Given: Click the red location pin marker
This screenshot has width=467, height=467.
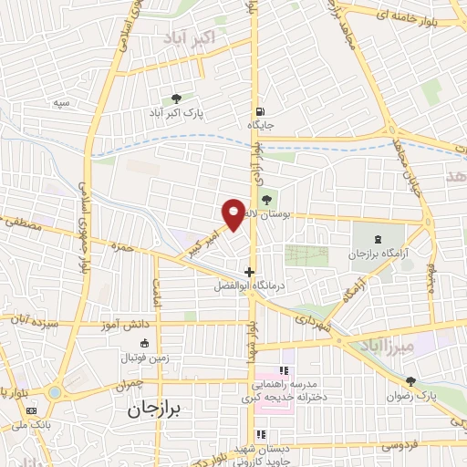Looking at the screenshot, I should click(x=234, y=213).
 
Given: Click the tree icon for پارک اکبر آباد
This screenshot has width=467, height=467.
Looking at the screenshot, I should click(x=176, y=98).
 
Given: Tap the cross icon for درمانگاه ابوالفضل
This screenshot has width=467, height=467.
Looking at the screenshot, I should click(x=250, y=271).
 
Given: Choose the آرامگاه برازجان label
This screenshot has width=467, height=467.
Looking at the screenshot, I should click(x=374, y=252).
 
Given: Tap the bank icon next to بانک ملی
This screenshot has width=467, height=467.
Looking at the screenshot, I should click(x=32, y=411).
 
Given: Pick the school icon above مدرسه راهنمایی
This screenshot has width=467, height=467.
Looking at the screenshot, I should click(x=283, y=370).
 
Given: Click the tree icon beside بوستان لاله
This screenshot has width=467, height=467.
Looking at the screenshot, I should click(x=266, y=201).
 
